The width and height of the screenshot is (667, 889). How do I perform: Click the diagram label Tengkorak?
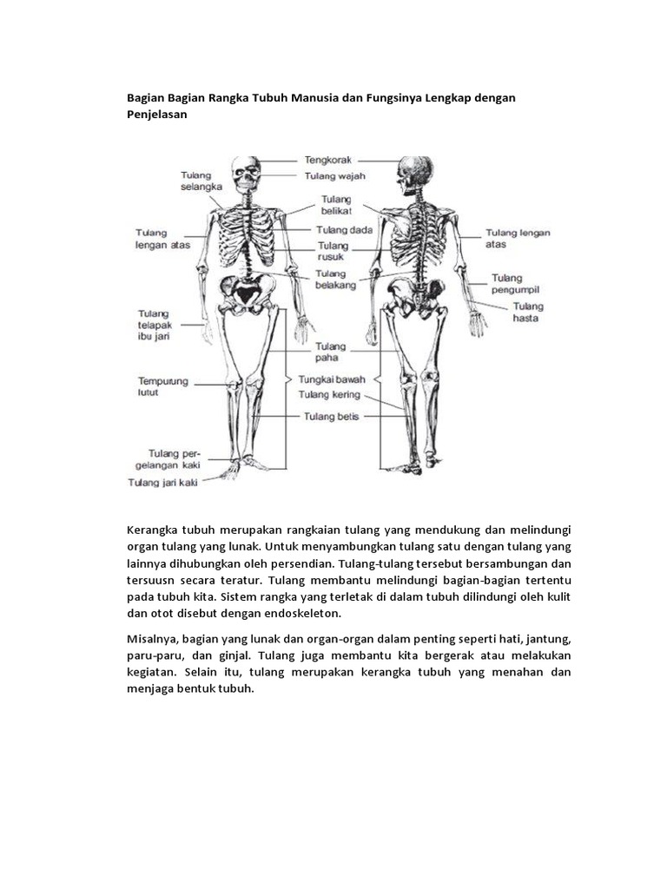point(327,160)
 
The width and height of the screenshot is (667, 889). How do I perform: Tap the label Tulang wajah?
point(334,176)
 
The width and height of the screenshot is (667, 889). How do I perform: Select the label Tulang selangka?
point(201,180)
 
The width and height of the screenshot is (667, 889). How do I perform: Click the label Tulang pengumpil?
point(515,284)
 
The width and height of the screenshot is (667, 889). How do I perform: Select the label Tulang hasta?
point(527,313)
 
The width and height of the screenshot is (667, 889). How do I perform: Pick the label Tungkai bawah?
point(332,379)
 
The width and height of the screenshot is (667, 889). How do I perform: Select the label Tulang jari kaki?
point(162,483)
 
